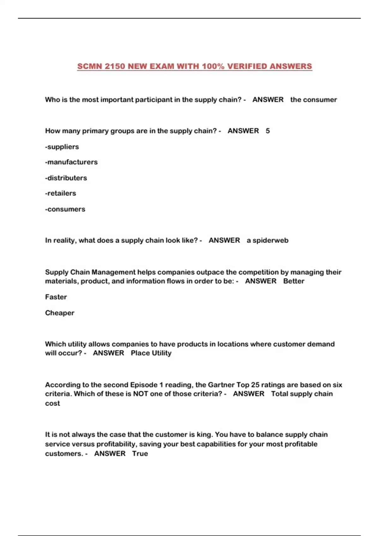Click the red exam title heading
(195, 66)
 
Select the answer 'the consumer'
(313, 100)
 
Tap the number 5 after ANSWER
(268, 131)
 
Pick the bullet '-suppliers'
(62, 147)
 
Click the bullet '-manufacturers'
(71, 162)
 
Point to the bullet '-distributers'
(66, 178)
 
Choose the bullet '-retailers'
(61, 193)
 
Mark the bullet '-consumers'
(65, 209)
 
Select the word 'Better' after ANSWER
(294, 281)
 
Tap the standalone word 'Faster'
(56, 297)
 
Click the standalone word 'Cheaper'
(60, 313)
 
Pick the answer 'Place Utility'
(151, 353)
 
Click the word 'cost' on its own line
(52, 403)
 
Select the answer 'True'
(140, 453)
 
